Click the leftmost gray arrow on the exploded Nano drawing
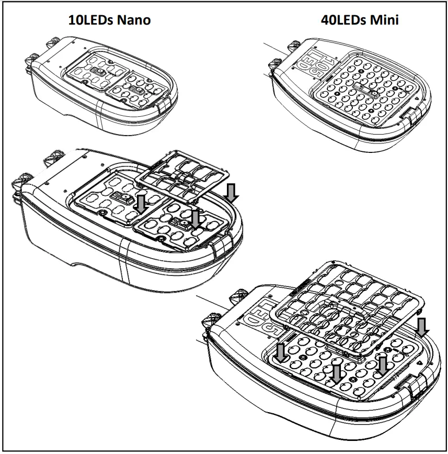click(140, 203)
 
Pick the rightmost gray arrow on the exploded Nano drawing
click(232, 192)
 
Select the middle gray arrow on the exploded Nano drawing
click(196, 218)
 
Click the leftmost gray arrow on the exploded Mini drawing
click(282, 352)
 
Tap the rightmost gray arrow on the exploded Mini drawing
click(423, 327)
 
